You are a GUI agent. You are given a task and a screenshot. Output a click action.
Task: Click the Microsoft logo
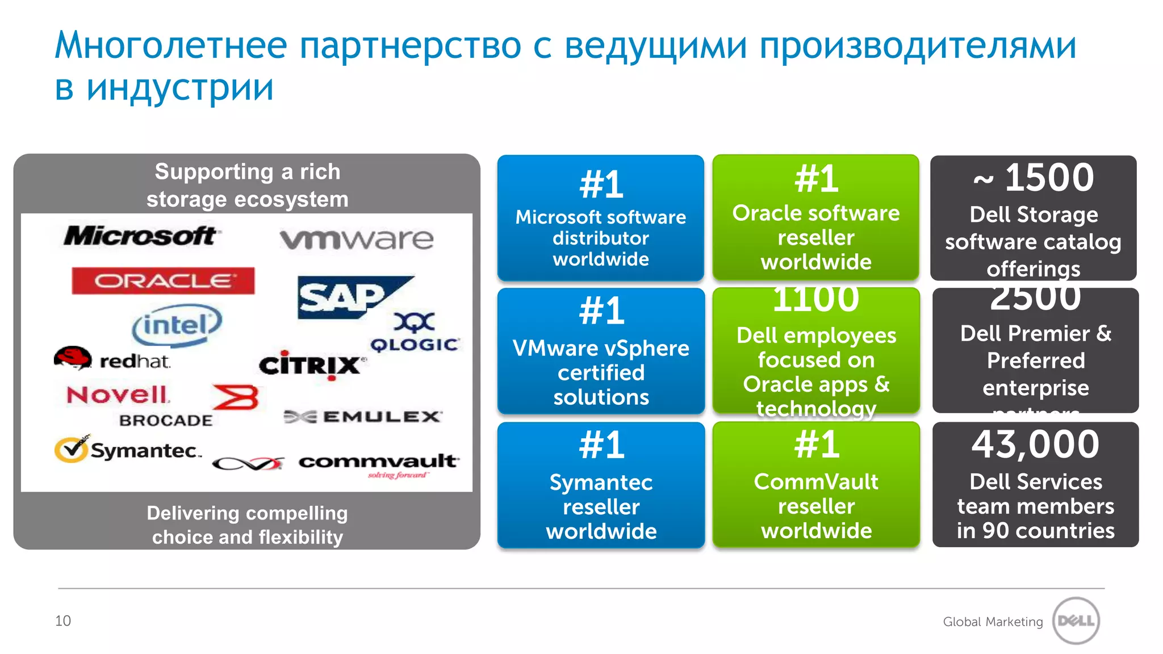140,236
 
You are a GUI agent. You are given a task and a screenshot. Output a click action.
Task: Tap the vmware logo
357,239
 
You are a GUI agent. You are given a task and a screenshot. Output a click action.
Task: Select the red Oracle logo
163,280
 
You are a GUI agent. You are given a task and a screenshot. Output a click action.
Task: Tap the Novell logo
118,394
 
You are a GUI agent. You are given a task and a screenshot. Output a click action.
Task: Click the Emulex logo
363,417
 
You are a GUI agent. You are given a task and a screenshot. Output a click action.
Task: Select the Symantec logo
128,450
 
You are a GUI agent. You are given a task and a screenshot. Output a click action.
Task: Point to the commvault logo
378,462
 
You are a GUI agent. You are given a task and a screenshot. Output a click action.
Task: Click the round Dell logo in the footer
1076,621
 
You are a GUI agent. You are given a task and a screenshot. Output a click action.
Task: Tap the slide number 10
63,621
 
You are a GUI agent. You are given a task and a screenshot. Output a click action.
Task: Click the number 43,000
1035,445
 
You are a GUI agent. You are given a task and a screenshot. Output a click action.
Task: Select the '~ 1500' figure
1034,178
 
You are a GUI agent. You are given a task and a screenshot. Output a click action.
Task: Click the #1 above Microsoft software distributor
601,185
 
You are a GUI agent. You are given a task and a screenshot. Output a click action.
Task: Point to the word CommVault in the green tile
815,481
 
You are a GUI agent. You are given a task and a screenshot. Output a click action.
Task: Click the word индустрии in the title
180,88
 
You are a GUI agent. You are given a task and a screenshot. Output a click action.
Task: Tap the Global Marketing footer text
993,622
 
